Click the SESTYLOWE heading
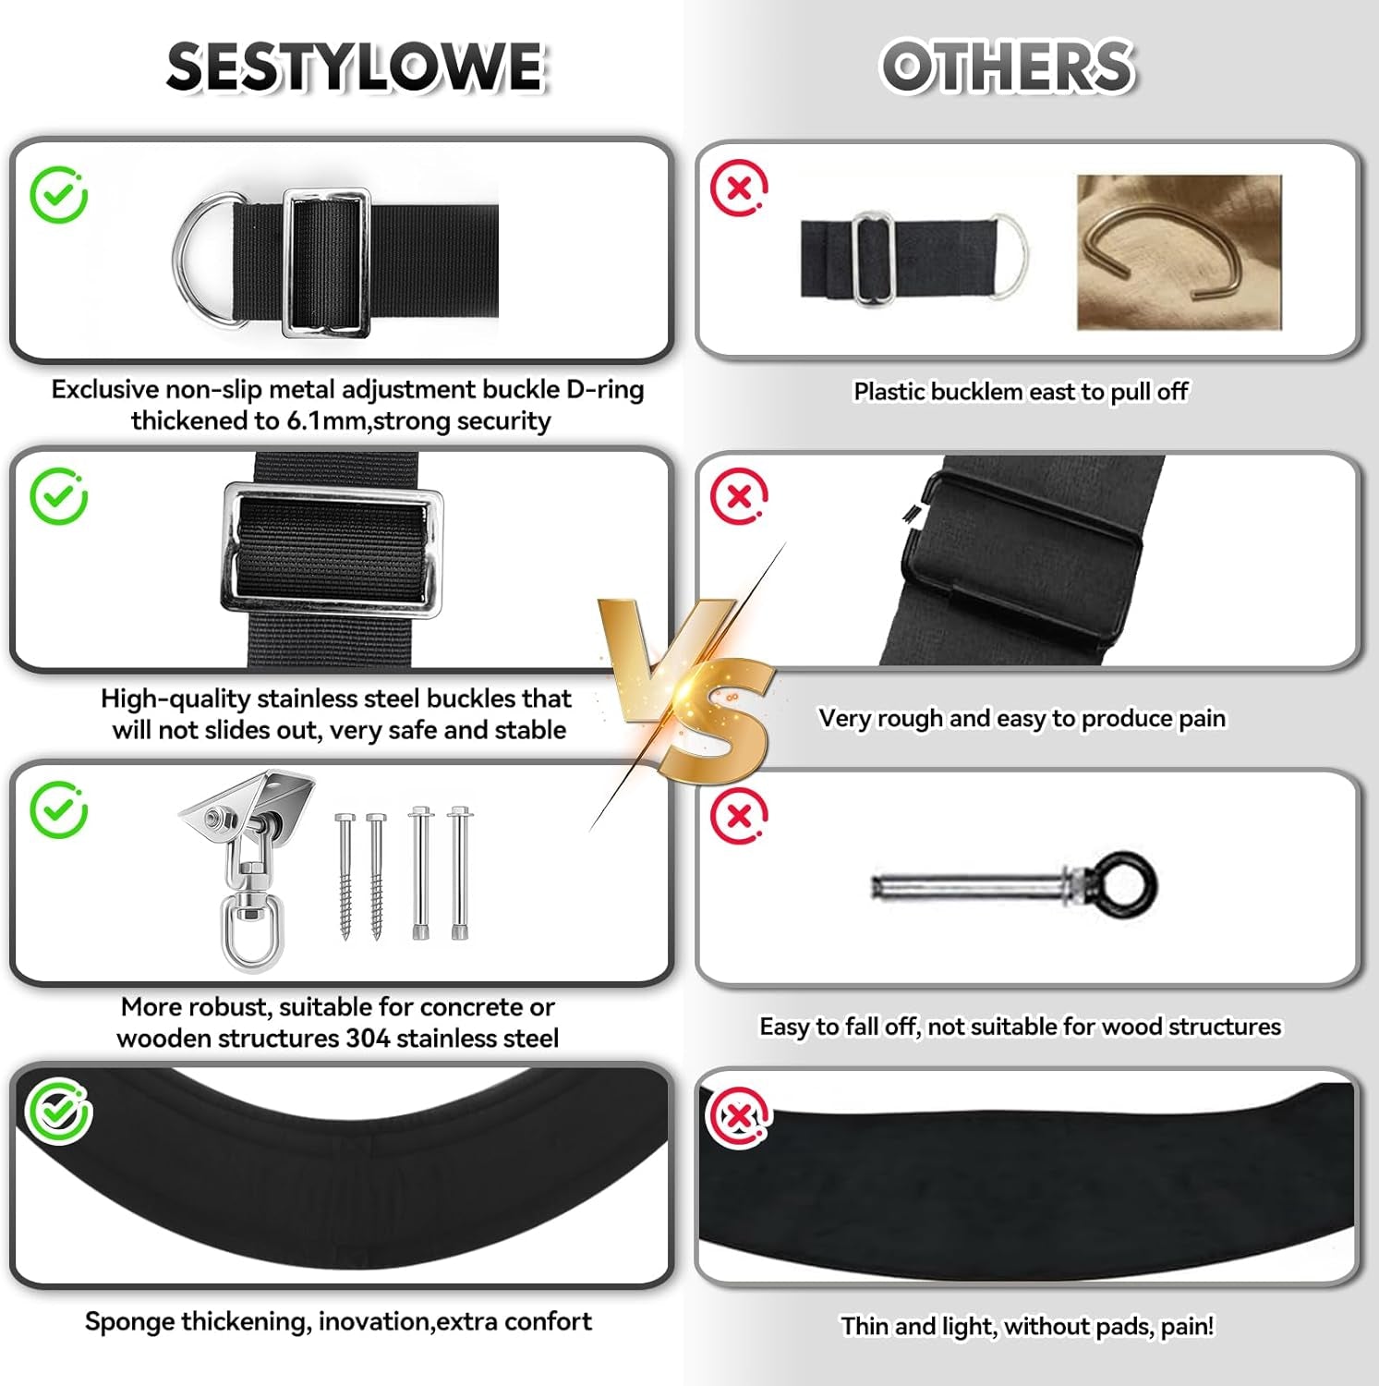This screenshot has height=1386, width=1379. coord(356,67)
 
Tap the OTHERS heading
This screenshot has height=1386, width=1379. coord(1007,67)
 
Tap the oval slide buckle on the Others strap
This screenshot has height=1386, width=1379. coord(870,258)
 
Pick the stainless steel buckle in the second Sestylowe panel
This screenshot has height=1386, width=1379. coord(333,552)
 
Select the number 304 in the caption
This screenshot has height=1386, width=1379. coord(369,1039)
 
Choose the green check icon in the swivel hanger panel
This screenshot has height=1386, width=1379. coord(58,809)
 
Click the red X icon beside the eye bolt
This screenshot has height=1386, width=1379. coord(739,816)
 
